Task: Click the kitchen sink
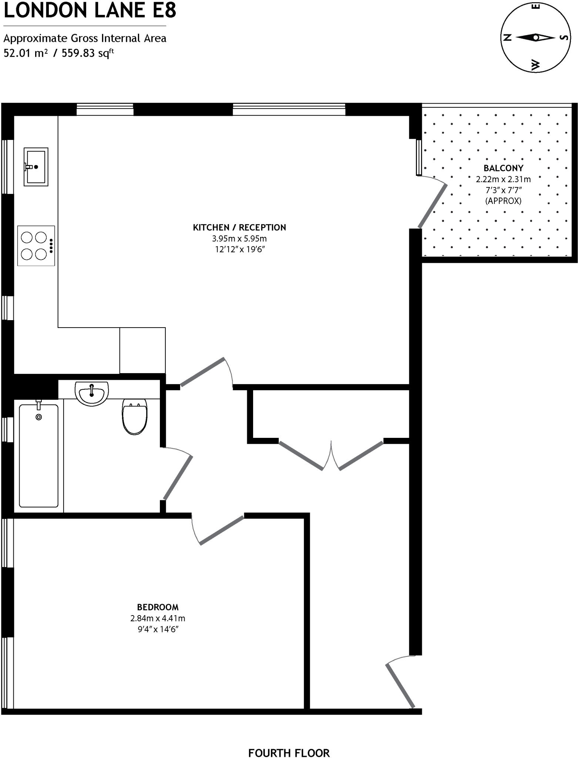pos(36,167)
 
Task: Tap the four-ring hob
pos(36,245)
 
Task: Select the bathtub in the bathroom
pos(38,456)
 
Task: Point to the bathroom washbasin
pos(91,393)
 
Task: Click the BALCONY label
pos(503,168)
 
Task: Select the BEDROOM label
pos(158,607)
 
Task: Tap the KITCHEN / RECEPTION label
pos(239,227)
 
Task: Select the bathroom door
pos(178,477)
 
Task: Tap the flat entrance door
pos(400,685)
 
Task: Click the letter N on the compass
pos(508,37)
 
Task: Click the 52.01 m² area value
pos(26,53)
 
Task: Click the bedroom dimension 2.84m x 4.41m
pos(158,618)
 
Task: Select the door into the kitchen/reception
pos(202,372)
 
